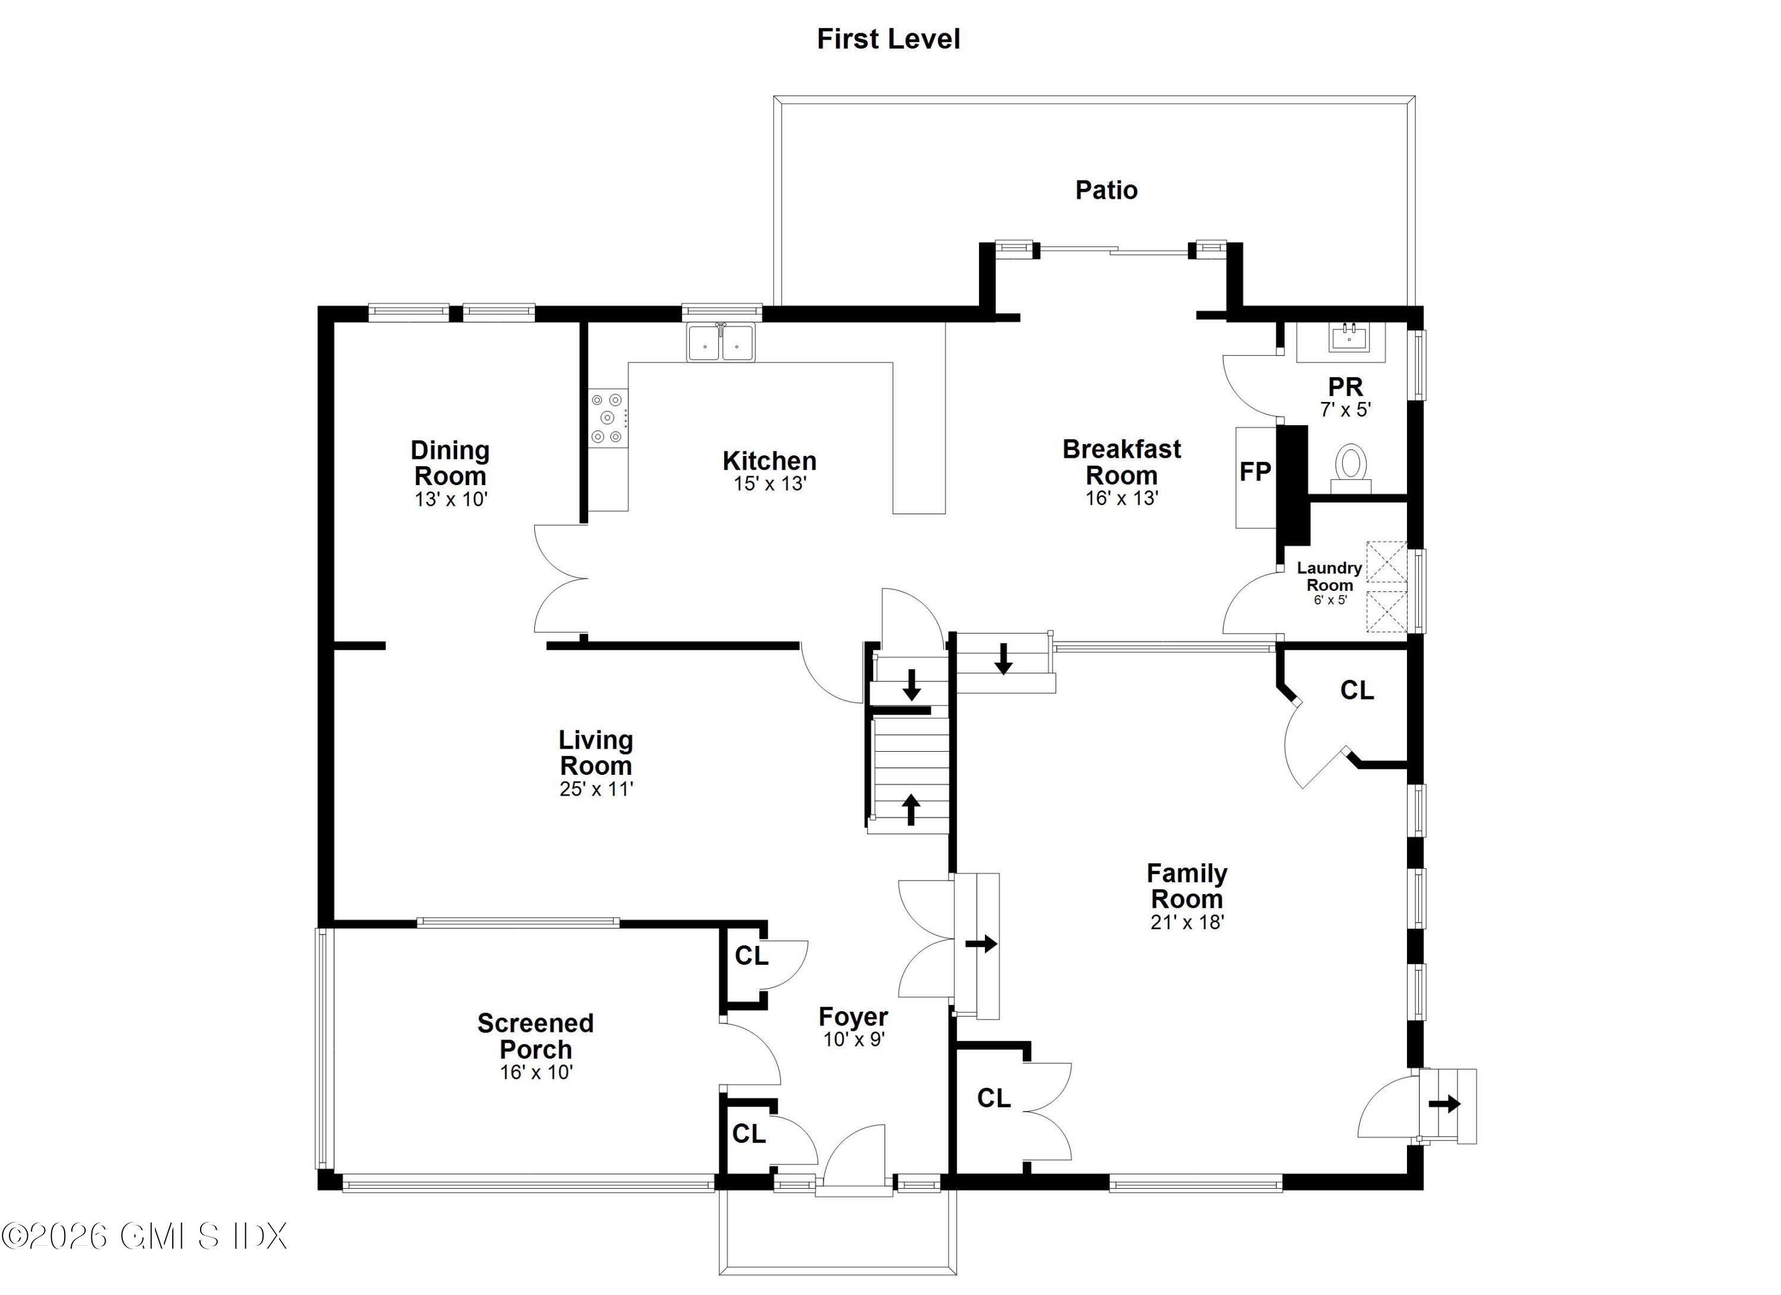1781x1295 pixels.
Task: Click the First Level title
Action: pyautogui.click(x=888, y=39)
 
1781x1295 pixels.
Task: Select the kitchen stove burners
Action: pyautogui.click(x=607, y=418)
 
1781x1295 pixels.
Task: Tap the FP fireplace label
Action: pyautogui.click(x=1255, y=472)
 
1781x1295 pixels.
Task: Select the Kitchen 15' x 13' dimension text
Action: pyautogui.click(x=769, y=484)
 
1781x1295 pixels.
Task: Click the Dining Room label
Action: pyautogui.click(x=450, y=463)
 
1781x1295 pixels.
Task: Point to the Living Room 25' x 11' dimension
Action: pyautogui.click(x=596, y=789)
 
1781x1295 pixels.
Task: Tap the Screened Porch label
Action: pyautogui.click(x=535, y=1036)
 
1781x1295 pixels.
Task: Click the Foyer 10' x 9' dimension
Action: pyautogui.click(x=854, y=1039)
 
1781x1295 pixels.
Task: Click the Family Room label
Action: pyautogui.click(x=1187, y=886)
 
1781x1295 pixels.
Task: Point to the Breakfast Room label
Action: pyautogui.click(x=1121, y=462)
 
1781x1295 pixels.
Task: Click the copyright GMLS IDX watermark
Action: pyautogui.click(x=145, y=1236)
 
